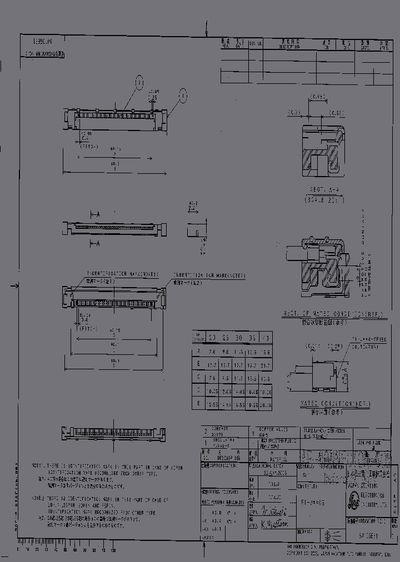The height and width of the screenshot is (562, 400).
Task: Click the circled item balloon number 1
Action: (183, 96)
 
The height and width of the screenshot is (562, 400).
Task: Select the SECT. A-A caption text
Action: (321, 189)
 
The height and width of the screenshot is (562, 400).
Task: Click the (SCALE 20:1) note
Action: (321, 198)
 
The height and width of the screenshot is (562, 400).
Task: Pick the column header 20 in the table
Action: (212, 338)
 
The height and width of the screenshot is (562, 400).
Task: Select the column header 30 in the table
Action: (239, 338)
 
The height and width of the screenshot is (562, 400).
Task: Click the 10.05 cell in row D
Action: (212, 391)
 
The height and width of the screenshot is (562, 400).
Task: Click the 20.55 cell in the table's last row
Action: (266, 405)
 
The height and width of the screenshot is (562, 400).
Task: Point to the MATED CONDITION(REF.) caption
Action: (333, 404)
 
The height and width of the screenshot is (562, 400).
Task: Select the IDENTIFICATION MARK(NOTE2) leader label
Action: (209, 275)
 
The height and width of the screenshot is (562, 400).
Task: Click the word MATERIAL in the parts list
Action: (271, 460)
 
